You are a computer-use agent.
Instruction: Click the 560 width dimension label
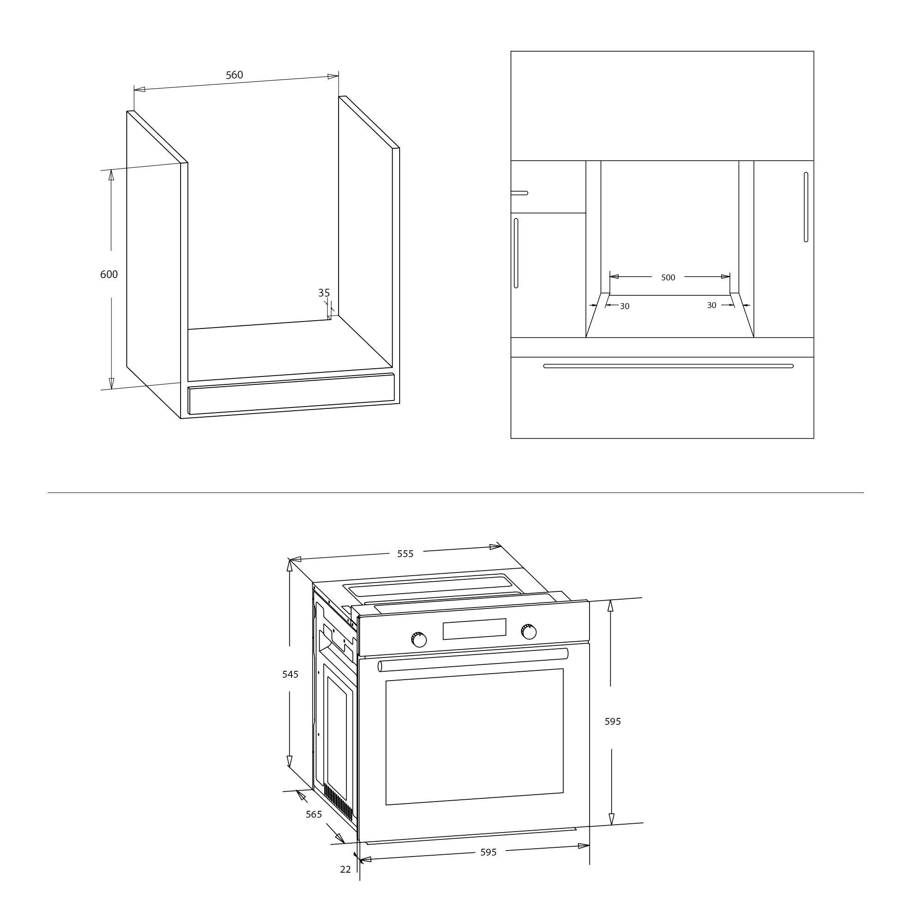point(234,75)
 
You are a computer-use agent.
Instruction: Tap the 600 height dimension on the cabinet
point(109,274)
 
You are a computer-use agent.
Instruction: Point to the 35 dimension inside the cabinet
point(324,293)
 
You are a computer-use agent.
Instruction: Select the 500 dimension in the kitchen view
point(668,277)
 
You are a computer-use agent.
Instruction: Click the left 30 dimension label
point(625,306)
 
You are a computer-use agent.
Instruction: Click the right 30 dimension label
point(711,305)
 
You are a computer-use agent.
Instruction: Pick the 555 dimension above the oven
point(405,554)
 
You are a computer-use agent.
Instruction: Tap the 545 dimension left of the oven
point(290,675)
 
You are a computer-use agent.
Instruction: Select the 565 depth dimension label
point(314,814)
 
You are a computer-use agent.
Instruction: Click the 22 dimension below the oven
point(345,869)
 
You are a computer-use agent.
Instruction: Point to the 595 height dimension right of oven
point(613,721)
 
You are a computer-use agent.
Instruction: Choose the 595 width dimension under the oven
point(488,852)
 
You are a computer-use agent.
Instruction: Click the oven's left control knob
point(419,639)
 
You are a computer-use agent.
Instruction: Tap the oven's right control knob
point(529,631)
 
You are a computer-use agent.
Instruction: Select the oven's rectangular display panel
point(474,629)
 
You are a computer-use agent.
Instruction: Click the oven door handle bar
point(473,660)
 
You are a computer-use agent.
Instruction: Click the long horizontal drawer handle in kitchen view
point(668,366)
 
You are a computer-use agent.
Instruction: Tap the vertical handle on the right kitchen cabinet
point(806,207)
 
